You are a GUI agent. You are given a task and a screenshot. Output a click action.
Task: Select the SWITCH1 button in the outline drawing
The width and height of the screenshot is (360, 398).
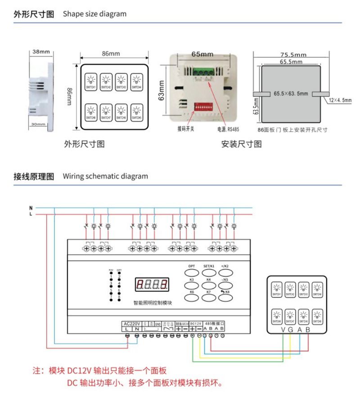[x=91, y=82]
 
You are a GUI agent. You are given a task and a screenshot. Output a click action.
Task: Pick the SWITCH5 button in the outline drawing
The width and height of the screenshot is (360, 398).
[x=136, y=112]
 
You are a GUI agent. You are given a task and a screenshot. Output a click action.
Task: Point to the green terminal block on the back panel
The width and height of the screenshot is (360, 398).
[x=203, y=71]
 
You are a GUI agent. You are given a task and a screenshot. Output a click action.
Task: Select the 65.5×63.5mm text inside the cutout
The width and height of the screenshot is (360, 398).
[x=291, y=94]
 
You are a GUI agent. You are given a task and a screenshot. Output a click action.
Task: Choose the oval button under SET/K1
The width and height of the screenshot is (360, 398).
[x=208, y=273]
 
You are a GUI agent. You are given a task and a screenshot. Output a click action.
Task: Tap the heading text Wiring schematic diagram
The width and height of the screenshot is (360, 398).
[x=105, y=176]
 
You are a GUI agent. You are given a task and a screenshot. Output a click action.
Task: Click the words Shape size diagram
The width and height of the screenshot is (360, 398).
[x=94, y=14]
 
